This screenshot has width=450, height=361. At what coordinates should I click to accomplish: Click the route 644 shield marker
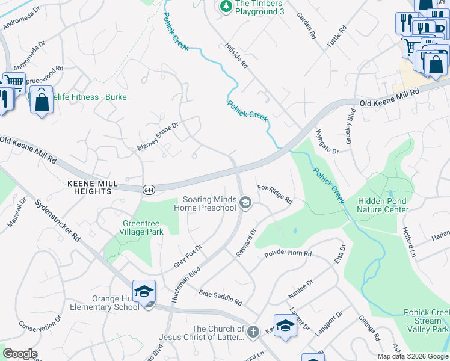click(148, 190)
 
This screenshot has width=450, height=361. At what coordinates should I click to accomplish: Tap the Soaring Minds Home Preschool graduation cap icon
click(245, 203)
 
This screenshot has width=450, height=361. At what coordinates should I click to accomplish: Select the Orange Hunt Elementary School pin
click(144, 292)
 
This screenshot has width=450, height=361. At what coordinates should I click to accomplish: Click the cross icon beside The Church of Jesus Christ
click(253, 331)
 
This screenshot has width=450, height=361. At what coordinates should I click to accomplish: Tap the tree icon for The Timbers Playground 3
click(226, 7)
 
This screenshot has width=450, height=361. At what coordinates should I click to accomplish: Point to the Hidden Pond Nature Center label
click(382, 205)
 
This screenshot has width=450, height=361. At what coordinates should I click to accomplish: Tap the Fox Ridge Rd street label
click(275, 194)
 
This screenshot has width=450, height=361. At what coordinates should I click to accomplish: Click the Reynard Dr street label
click(246, 242)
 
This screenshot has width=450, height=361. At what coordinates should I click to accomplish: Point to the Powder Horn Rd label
click(288, 254)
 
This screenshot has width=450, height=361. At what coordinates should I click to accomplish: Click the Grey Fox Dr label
click(187, 256)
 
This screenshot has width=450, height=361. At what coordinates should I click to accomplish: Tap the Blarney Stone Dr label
click(158, 137)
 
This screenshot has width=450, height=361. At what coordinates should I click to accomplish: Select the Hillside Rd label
click(236, 58)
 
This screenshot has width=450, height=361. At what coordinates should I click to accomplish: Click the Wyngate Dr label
click(327, 140)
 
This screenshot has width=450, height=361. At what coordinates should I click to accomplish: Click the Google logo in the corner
click(20, 354)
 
